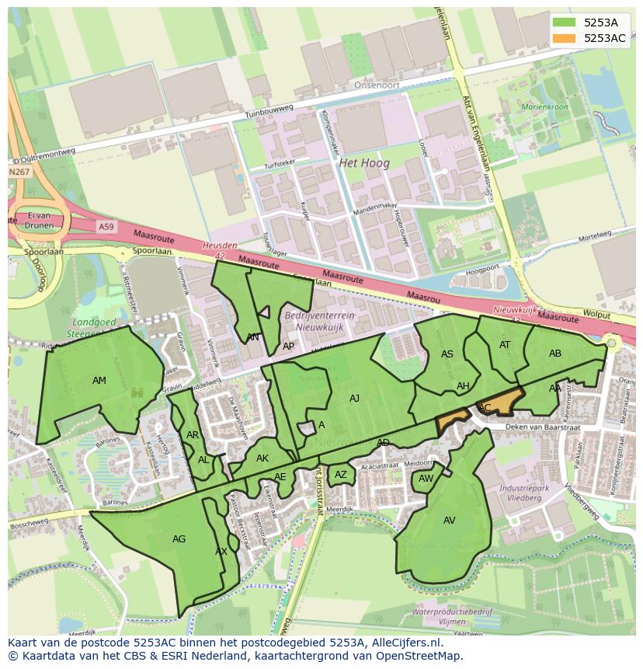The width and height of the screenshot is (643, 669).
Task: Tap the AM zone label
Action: pos(99,381)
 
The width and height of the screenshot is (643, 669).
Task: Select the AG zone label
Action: pos(179,538)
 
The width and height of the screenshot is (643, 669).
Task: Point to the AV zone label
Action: pos(450,521)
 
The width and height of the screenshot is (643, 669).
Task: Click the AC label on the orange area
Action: pos(485,408)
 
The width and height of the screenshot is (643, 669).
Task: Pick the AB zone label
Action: pos(555,354)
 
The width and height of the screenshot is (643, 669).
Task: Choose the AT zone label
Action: pos(505,345)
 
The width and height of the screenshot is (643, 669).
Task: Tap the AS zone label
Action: pos(447,354)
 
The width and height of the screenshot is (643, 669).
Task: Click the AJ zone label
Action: pos(354,399)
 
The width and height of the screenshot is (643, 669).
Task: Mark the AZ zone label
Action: pos(341,475)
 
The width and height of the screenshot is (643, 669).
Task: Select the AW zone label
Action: pos(426,479)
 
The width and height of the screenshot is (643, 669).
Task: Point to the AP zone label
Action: pos(288,347)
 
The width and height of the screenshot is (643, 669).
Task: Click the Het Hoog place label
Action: pos(364,163)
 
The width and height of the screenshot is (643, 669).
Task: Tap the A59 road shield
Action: pos(106,226)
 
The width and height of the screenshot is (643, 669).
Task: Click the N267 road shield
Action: pos(19,172)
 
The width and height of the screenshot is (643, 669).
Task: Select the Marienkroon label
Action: pos(545,106)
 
